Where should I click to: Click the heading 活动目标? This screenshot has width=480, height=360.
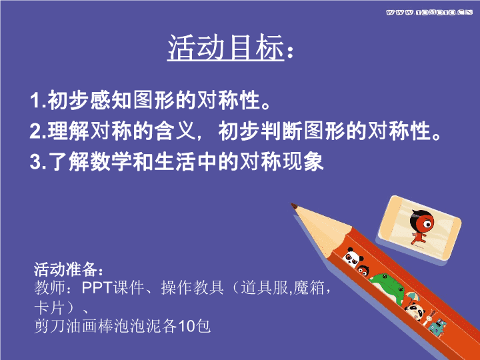click(x=225, y=47)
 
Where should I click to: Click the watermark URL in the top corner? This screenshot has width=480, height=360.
click(x=429, y=12)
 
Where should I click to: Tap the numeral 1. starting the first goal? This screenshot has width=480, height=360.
click(x=38, y=100)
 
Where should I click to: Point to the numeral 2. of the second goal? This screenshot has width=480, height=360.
click(x=38, y=131)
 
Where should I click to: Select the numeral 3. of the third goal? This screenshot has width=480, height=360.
click(x=38, y=161)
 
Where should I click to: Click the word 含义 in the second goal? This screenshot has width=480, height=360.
click(x=175, y=131)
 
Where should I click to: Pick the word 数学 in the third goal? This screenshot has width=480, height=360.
click(x=111, y=161)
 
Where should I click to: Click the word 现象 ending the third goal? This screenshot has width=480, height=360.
click(x=303, y=161)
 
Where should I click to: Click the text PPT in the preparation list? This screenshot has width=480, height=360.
click(x=97, y=287)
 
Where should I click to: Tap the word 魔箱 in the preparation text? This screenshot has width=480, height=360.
click(x=309, y=287)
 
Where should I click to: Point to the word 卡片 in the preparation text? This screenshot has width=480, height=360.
click(x=49, y=307)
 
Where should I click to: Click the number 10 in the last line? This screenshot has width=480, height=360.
click(x=187, y=326)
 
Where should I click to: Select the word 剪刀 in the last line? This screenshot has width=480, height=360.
click(x=49, y=326)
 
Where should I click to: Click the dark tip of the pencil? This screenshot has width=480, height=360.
click(x=294, y=206)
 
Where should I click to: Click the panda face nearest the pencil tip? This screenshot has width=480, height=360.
click(x=353, y=257)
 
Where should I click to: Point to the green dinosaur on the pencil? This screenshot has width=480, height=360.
click(x=388, y=287)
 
